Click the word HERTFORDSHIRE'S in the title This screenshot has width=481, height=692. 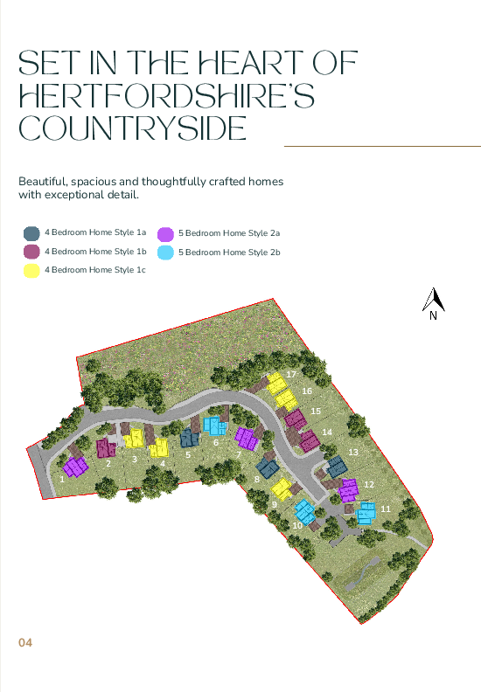pos(166,95)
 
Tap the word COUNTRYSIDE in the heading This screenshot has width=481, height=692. pos(132,128)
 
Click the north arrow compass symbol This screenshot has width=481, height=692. pos(434,301)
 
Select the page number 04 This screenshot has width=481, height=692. pos(25,643)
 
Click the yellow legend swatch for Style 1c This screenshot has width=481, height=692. pos(31,270)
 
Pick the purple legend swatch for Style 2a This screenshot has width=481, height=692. pos(165,233)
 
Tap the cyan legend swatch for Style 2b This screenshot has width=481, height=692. pos(165,252)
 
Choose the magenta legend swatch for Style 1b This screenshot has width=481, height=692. pos(31,252)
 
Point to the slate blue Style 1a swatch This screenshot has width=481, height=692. pos(31,233)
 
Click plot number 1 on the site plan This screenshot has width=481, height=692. pos(63,478)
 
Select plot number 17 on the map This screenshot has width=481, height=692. pos(291,374)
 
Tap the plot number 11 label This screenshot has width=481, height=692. pos(385,508)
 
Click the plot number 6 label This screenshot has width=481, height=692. pos(215,442)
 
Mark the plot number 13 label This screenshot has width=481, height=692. pos(353,452)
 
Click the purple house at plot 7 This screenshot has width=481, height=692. pos(246,436)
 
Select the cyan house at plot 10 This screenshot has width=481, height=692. pos(303,511)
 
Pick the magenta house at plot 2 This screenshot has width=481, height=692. pos(107,449)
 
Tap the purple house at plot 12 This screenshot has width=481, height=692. pos(349,489)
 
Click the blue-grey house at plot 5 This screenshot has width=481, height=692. pos(189,439)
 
